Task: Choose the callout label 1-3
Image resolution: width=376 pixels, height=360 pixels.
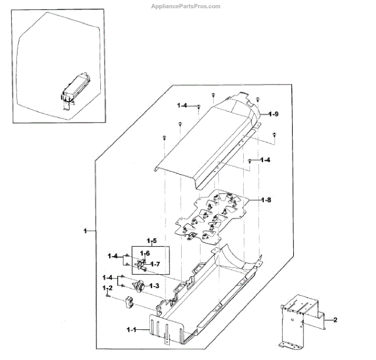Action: [x=154, y=285]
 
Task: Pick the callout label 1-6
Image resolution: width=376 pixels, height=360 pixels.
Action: [x=145, y=252]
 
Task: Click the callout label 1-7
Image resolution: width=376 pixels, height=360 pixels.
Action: [x=155, y=264]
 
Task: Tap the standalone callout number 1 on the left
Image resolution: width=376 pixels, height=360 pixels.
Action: [x=85, y=232]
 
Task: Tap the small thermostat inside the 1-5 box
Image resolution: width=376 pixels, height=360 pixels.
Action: [x=141, y=265]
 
